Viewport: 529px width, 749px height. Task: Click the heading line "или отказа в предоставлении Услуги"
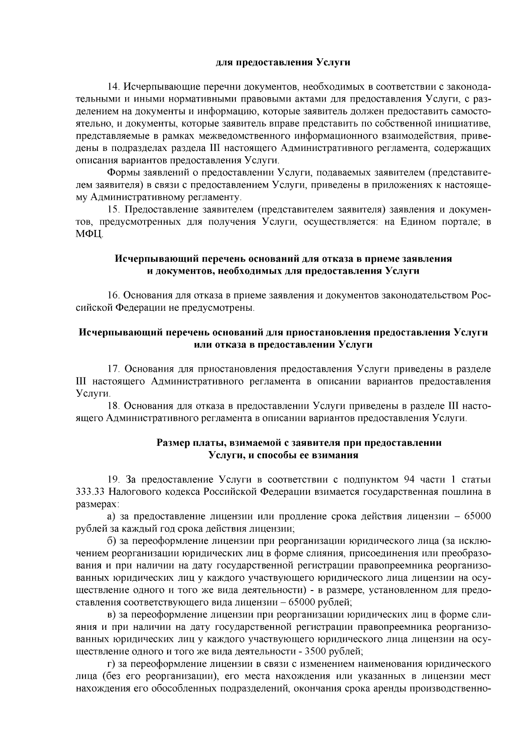coord(283,345)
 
